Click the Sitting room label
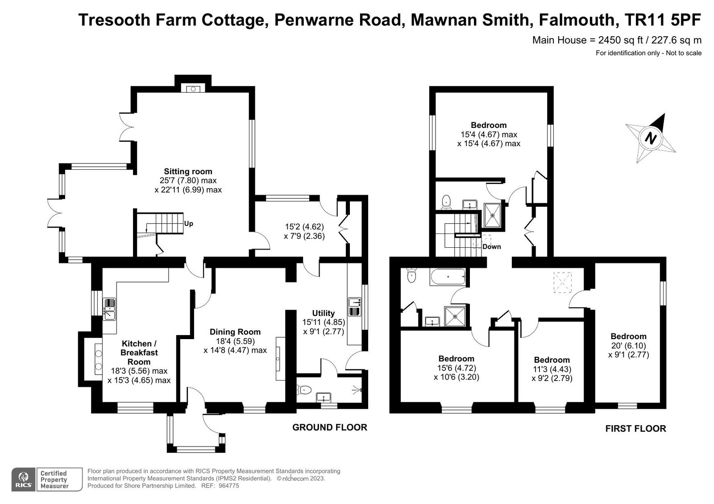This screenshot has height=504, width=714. coord(188,172)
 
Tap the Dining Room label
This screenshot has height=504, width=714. coord(235,332)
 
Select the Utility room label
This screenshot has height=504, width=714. coord(323,313)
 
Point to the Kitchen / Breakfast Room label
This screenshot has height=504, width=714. coord(139,352)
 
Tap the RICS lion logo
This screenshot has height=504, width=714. coord(23,479)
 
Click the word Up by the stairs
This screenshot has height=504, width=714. coord(188,224)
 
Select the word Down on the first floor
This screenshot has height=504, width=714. coord(491,246)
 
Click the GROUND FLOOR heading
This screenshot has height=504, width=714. coord(330,427)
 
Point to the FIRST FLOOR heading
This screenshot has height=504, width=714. coord(635,429)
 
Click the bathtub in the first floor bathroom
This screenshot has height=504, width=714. coord(448,277)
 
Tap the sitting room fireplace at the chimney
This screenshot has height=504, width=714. coord(193,89)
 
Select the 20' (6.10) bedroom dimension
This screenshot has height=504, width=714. coord(628,346)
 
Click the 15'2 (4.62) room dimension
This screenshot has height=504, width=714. coord(304,227)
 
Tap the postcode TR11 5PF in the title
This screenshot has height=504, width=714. coord(662,20)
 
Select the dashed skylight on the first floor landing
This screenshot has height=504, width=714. coord(563,283)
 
